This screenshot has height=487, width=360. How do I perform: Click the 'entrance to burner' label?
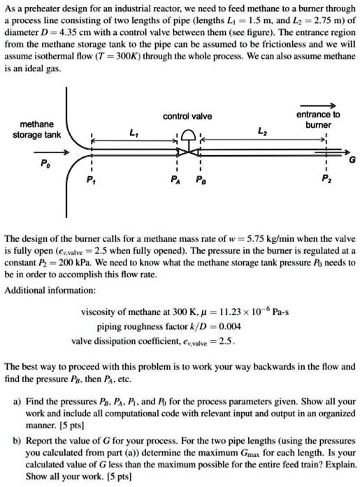tap(317, 119)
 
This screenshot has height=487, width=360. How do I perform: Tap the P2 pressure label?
tap(326, 184)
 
